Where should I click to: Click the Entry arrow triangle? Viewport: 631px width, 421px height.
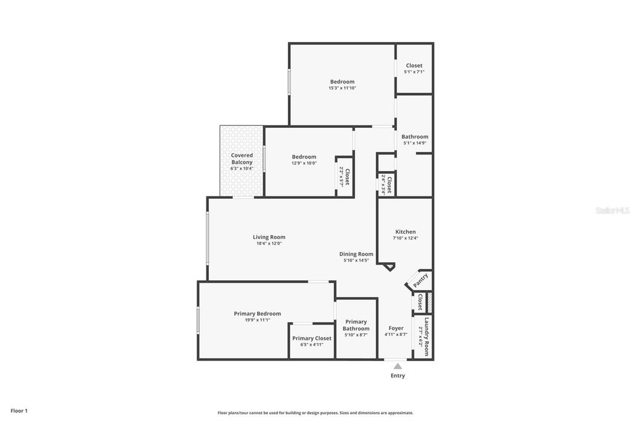[x=397, y=366]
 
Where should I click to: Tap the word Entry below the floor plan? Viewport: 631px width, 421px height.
[x=398, y=375]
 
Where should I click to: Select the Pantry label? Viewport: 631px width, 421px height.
[x=420, y=280]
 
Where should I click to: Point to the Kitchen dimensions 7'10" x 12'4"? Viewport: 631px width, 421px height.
[x=405, y=238]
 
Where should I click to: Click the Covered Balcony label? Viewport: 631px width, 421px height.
[x=242, y=159]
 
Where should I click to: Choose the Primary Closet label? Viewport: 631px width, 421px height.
[x=312, y=338]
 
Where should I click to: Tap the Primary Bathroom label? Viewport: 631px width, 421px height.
[x=356, y=325]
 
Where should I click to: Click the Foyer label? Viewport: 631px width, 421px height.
[x=396, y=328]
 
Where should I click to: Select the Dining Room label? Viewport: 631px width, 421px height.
[x=356, y=254]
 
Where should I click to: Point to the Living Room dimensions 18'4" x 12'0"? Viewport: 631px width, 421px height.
[x=269, y=243]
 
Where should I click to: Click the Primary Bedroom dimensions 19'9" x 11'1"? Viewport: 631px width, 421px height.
[x=258, y=320]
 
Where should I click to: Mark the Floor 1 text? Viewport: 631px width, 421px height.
[x=18, y=411]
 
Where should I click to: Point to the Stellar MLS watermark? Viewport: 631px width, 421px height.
[x=612, y=210]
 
